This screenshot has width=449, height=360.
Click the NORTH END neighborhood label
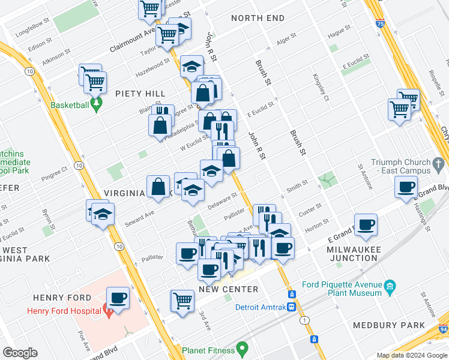pyautogui.click(x=258, y=18)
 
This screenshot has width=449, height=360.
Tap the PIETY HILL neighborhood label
pyautogui.click(x=141, y=94)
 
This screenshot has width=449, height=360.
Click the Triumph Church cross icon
pyautogui.click(x=439, y=163)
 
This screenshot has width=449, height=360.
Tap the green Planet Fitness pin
pyautogui.click(x=242, y=348)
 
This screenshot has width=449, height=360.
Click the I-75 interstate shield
pyautogui.click(x=380, y=23)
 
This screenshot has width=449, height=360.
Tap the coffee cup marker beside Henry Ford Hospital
pyautogui.click(x=118, y=298)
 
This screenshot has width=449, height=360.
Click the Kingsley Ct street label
pyautogui.click(x=319, y=87)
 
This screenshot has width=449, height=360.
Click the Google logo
pyautogui.click(x=20, y=353)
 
